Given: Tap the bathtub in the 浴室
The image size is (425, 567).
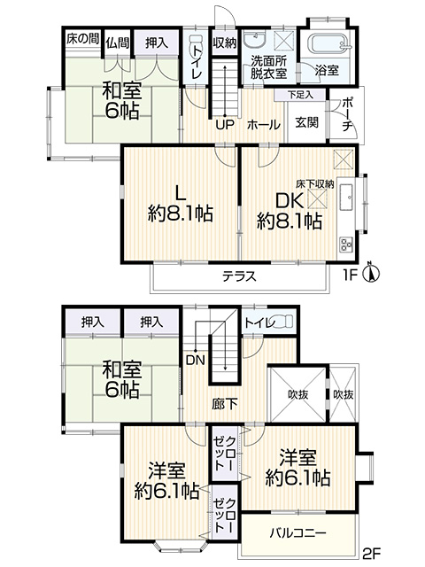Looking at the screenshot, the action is click(x=328, y=45).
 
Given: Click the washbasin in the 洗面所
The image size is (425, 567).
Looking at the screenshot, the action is click(x=255, y=40).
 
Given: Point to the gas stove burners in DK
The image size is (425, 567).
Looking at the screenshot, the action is click(x=346, y=245).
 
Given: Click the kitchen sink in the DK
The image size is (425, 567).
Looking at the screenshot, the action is click(x=346, y=197).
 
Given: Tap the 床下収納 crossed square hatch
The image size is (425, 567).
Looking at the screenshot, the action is click(x=317, y=198).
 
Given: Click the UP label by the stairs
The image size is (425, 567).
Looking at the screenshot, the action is click(x=225, y=125).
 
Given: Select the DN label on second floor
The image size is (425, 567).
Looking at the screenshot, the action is click(x=196, y=361).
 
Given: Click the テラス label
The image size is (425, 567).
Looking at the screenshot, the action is click(x=239, y=276).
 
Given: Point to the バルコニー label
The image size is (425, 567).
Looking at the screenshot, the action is click(x=298, y=533).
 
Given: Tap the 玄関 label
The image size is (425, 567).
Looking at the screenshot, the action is click(x=307, y=122).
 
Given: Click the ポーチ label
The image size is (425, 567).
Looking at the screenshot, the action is click(x=347, y=114).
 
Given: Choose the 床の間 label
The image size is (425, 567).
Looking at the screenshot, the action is click(x=82, y=38).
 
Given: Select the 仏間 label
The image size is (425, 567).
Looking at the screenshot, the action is click(x=118, y=43).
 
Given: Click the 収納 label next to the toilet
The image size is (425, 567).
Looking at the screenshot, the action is click(x=224, y=43).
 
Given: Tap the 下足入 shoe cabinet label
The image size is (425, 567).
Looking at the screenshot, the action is click(x=301, y=95).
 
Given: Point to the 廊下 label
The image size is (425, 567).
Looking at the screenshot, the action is click(x=224, y=404).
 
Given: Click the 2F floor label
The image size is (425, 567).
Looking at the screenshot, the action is click(x=371, y=553).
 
